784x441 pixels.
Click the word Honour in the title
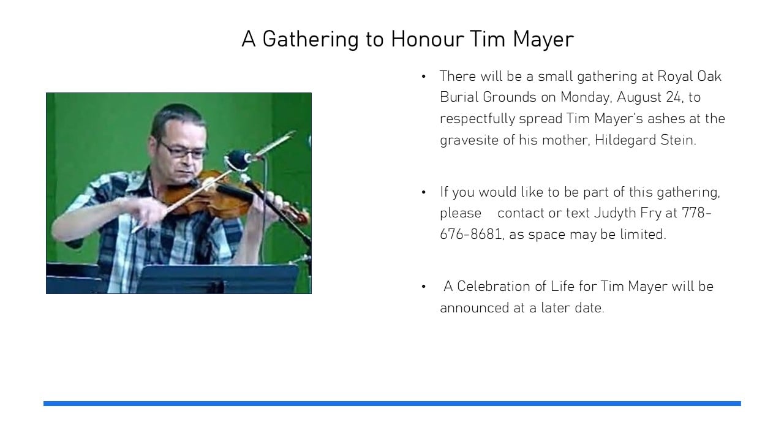click(x=427, y=39)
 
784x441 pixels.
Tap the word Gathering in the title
click(x=311, y=40)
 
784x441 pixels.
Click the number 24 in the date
click(x=673, y=97)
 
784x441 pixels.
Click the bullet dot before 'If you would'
click(x=423, y=192)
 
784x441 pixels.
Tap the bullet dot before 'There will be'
click(x=423, y=77)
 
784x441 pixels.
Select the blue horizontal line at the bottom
click(x=392, y=404)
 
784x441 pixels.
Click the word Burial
click(x=459, y=97)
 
